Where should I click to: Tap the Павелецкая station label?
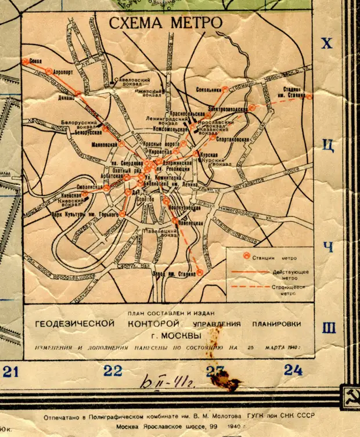pos(190,222)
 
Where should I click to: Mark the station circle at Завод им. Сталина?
pos(200,272)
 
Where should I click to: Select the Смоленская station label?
pos(90,188)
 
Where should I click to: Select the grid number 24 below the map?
pos(293,370)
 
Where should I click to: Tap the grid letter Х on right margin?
pos(328,44)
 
